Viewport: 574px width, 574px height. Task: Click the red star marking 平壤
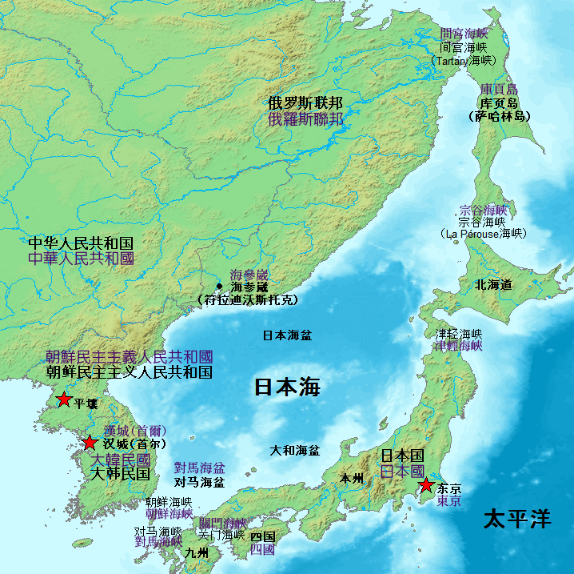point(64,399)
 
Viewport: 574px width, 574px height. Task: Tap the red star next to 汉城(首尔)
point(90,443)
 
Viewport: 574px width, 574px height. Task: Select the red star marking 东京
point(427,485)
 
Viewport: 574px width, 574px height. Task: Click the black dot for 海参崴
point(219,286)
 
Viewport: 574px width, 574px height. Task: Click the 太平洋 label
point(517,519)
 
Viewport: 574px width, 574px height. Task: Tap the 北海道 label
point(493,284)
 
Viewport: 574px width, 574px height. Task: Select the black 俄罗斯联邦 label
point(305,103)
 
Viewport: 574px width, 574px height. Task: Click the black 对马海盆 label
point(199,483)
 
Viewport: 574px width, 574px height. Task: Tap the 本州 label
point(351,479)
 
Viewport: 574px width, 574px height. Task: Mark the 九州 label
point(197,553)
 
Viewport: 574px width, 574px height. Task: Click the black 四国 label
point(262,536)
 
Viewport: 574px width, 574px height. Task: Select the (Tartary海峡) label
point(463,61)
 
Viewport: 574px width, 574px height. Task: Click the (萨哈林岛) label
point(500,117)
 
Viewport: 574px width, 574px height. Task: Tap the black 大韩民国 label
point(120,474)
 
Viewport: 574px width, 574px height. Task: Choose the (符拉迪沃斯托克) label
point(248,300)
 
